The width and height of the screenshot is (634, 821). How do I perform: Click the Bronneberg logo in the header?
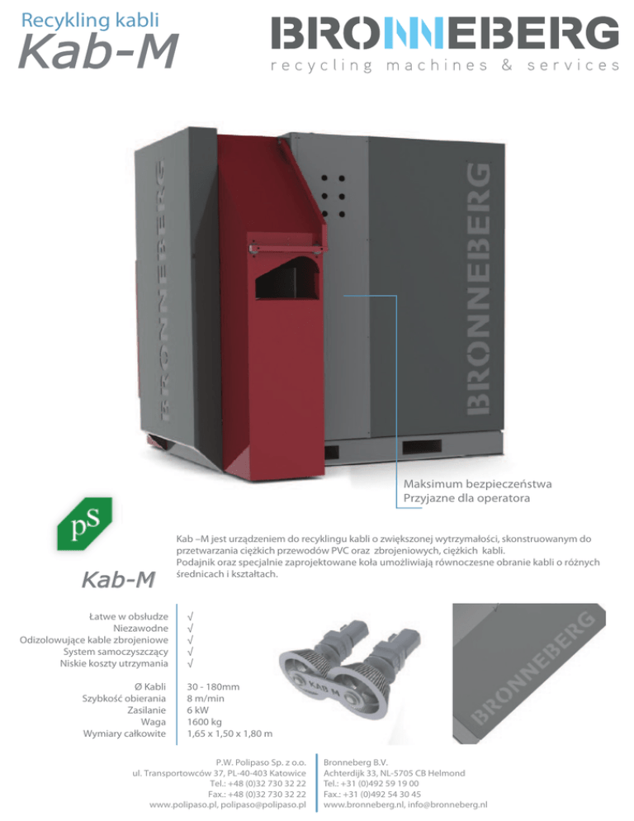(x=445, y=34)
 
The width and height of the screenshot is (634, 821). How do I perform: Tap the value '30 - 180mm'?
(x=213, y=686)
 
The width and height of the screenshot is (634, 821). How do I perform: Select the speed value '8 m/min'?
(x=207, y=698)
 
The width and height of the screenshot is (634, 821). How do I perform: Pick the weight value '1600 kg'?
(x=206, y=722)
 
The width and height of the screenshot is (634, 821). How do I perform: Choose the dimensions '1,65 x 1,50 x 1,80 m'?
(x=230, y=733)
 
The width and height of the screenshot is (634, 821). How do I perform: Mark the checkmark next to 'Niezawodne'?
(x=191, y=628)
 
